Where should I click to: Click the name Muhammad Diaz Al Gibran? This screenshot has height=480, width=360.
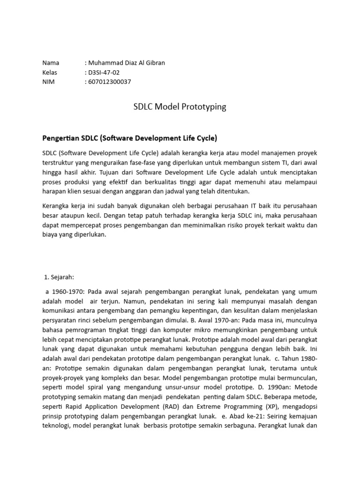pyautogui.click(x=125, y=63)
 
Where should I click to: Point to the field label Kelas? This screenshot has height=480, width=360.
pyautogui.click(x=50, y=72)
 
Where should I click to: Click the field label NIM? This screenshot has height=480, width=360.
pyautogui.click(x=48, y=82)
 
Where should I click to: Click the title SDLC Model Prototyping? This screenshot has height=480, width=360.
pyautogui.click(x=180, y=107)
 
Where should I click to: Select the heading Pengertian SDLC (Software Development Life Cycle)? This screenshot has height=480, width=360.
pyautogui.click(x=130, y=138)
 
